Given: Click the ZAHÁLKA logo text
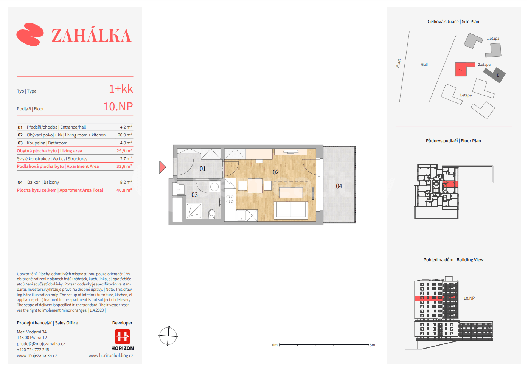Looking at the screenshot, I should tap(91, 36).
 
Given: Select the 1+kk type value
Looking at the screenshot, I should tap(121, 89).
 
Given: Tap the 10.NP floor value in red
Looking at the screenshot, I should tap(118, 107).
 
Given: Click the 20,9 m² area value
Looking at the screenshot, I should tap(124, 135).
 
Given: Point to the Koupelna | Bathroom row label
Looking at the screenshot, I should tap(47, 143).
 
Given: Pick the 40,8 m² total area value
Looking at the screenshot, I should tap(124, 190).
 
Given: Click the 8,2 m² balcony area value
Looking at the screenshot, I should tap(126, 182).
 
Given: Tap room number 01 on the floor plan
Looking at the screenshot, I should tap(203, 169).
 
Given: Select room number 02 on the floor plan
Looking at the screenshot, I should tap(276, 172).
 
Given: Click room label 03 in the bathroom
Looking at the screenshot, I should tap(194, 195).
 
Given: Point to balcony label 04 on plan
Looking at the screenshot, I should tap(339, 186).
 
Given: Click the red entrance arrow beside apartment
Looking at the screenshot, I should tap(162, 167).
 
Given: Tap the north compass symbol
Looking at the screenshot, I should tap(168, 336).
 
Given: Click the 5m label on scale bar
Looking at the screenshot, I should tap(372, 345).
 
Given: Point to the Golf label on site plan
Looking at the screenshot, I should tap(424, 65).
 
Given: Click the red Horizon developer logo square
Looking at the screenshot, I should tap(122, 336).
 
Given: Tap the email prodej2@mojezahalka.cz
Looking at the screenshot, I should tap(41, 344).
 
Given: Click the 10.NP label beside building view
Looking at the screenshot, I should tap(469, 298).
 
